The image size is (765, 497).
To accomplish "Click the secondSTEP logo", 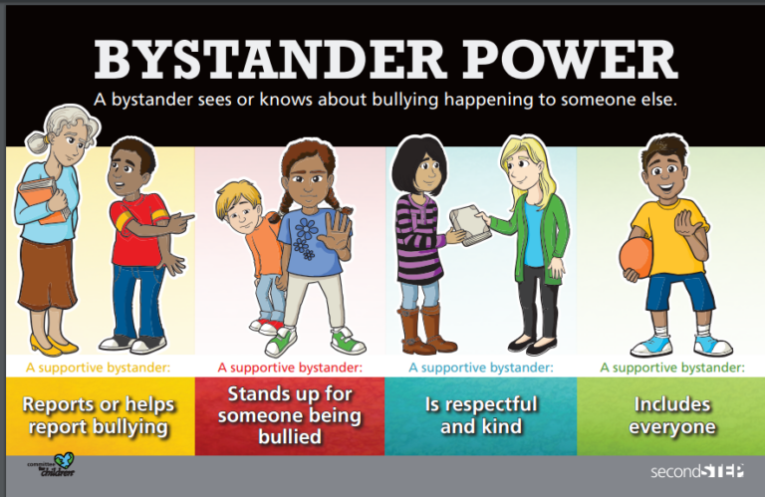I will (x=696, y=469).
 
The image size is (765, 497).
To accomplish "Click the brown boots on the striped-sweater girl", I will (x=421, y=329).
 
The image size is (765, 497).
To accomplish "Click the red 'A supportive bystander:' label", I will (x=289, y=367).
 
